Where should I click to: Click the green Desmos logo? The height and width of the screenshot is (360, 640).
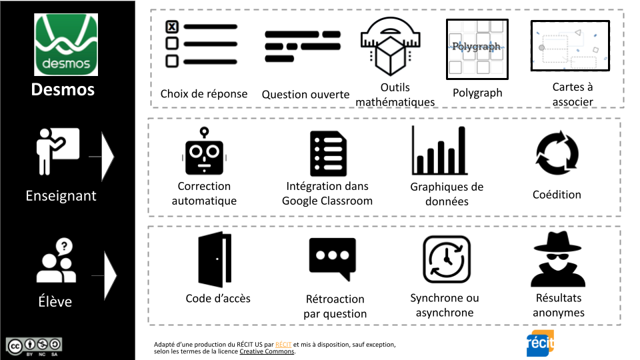(66, 45)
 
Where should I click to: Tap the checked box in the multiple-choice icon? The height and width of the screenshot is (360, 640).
(171, 27)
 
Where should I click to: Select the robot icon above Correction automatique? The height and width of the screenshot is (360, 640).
(203, 153)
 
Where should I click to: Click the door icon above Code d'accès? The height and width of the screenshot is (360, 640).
(215, 260)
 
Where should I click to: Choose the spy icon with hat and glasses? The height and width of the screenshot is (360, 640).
(558, 259)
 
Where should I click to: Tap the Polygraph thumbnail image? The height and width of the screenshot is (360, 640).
(477, 49)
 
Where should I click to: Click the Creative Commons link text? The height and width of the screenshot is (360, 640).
(267, 351)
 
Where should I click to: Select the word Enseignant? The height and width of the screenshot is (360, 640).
(61, 196)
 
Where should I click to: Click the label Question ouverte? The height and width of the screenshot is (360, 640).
(305, 95)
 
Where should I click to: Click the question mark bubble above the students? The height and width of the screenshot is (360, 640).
(64, 246)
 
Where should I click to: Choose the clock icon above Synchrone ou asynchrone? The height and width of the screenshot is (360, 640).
(446, 259)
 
